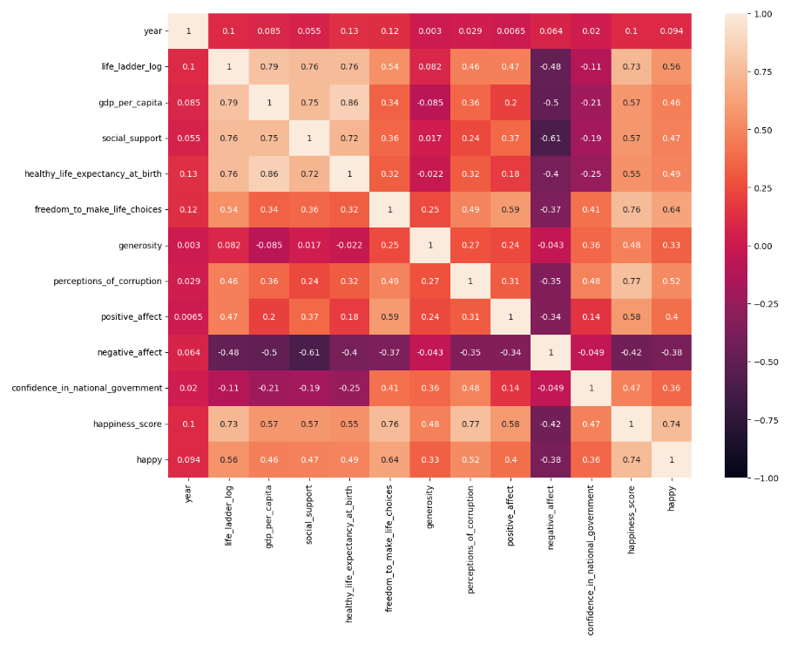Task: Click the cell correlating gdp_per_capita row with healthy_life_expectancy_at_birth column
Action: coord(349,103)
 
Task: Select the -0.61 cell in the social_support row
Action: coord(551,139)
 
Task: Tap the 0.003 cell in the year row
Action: coord(430,31)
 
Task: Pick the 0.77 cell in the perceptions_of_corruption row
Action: coord(632,281)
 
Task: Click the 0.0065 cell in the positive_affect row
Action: coord(188,317)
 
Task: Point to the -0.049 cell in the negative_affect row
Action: coord(592,353)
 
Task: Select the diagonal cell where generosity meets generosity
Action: coord(430,246)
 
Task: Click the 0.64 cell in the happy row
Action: coord(390,459)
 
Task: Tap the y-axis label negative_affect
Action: coord(131,353)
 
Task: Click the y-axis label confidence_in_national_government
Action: coord(87,389)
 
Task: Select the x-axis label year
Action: coord(188,493)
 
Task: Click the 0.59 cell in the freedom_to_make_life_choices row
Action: coord(511,210)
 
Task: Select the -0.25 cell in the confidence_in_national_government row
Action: coord(349,389)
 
